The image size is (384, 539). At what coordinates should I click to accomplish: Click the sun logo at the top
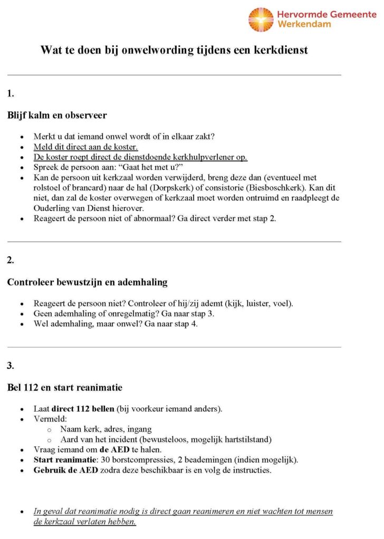pyautogui.click(x=261, y=19)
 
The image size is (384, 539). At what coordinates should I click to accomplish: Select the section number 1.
pyautogui.click(x=11, y=94)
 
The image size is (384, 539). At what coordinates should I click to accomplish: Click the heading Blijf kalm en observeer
pyautogui.click(x=57, y=115)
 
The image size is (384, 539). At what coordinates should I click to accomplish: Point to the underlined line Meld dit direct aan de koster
pyautogui.click(x=85, y=147)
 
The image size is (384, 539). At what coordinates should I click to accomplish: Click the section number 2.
pyautogui.click(x=11, y=260)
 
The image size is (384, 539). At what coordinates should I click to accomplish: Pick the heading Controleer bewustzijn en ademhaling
pyautogui.click(x=87, y=282)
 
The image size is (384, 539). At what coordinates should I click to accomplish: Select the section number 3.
pyautogui.click(x=11, y=365)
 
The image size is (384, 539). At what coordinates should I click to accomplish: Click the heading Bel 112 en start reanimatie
pyautogui.click(x=64, y=387)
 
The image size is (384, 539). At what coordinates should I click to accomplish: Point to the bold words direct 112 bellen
pyautogui.click(x=84, y=409)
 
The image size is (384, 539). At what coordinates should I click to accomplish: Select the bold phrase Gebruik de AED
pyautogui.click(x=65, y=470)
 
